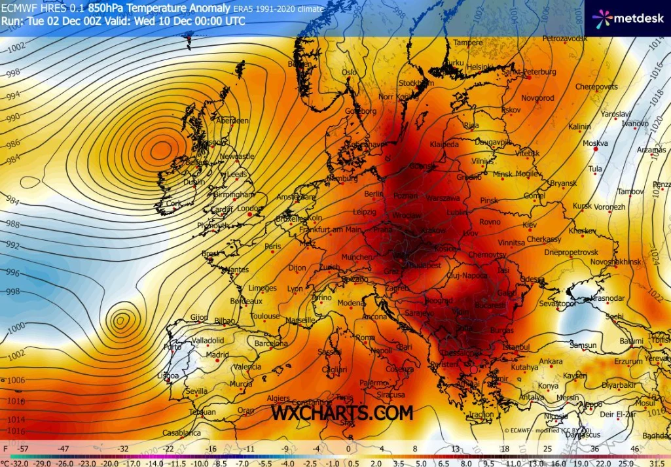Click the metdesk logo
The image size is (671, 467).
[x=630, y=18]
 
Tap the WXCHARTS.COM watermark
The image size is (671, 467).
[x=342, y=413]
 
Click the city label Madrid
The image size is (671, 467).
[x=217, y=355]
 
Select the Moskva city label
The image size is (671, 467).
[x=595, y=143]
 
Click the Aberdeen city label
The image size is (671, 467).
[x=232, y=121]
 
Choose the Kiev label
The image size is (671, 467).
[x=529, y=225]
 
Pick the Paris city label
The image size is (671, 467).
[x=273, y=247]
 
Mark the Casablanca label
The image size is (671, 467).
[x=181, y=433]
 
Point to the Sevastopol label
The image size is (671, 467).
[x=556, y=304]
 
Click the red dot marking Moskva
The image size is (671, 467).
[x=595, y=150]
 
